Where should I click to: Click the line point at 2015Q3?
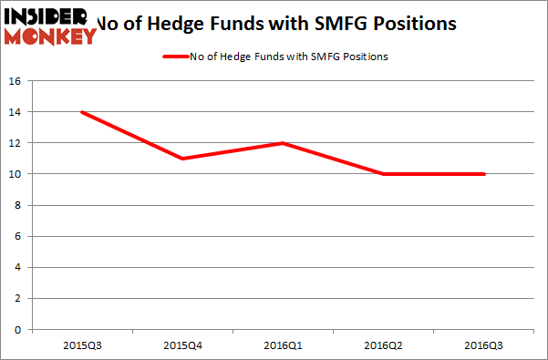coord(83,112)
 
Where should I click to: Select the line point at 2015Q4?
coord(183,159)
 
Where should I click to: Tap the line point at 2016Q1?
coord(284,143)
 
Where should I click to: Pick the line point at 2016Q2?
coord(384,174)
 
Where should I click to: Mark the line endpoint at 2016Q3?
coord(483,174)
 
